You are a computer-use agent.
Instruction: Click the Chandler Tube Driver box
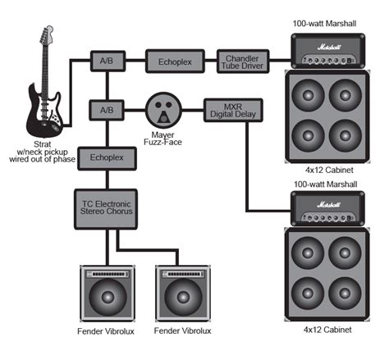click(x=243, y=62)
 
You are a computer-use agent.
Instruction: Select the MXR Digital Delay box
click(x=233, y=111)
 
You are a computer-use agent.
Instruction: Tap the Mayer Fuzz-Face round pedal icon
click(x=163, y=110)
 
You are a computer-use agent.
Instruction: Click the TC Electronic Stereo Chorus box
click(x=106, y=209)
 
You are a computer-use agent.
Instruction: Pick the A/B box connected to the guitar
click(x=108, y=61)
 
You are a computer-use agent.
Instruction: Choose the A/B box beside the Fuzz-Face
click(x=107, y=110)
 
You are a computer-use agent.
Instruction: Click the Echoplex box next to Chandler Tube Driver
click(x=175, y=62)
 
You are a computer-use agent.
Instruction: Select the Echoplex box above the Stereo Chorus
click(x=107, y=158)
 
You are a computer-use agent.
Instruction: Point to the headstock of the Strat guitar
click(x=47, y=34)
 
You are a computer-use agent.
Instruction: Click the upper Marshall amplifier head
click(x=328, y=51)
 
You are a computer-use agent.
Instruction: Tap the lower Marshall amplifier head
click(x=328, y=208)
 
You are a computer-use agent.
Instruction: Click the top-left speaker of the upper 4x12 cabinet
click(x=308, y=95)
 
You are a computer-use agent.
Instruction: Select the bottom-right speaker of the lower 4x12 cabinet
click(x=345, y=294)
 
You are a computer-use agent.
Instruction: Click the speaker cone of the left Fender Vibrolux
click(x=108, y=297)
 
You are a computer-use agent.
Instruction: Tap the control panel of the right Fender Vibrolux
click(x=183, y=274)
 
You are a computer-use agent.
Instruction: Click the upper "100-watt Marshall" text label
click(x=324, y=24)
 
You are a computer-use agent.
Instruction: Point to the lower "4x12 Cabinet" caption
click(x=327, y=330)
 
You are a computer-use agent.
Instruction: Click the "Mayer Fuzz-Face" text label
click(x=163, y=139)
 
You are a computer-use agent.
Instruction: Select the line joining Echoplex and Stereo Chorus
click(x=108, y=180)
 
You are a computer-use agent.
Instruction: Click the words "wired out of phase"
click(x=42, y=159)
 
